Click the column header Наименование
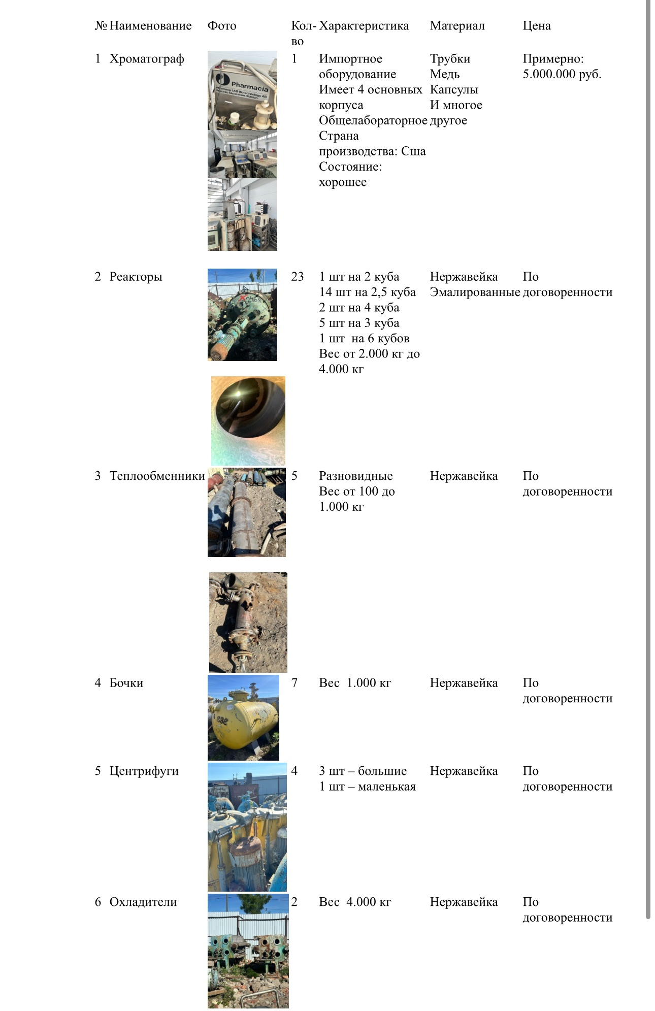[150, 26]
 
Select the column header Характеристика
[364, 26]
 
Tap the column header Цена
[536, 26]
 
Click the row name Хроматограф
[147, 59]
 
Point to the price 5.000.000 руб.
[562, 74]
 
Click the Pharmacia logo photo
[242, 90]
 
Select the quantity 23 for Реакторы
[297, 277]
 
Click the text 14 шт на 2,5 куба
[367, 292]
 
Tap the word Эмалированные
[475, 292]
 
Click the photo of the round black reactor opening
[248, 420]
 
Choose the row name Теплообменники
[157, 476]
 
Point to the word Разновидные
[355, 476]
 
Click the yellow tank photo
[243, 717]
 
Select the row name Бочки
[126, 683]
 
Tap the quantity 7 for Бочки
[294, 683]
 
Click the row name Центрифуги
[144, 771]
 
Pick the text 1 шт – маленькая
[367, 787]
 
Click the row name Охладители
[143, 902]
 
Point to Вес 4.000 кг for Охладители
[355, 902]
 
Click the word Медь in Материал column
[445, 74]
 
